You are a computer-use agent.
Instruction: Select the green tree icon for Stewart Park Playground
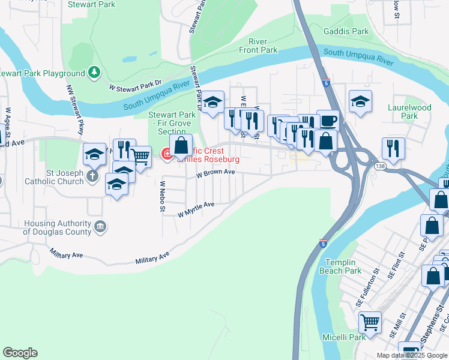(x=94, y=73)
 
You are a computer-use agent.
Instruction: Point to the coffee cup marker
(x=328, y=121)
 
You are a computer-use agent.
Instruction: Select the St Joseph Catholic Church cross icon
(x=91, y=176)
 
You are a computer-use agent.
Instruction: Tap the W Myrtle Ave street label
(x=196, y=209)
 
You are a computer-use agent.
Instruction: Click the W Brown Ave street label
(x=215, y=172)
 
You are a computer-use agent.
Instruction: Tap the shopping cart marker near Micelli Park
(x=370, y=322)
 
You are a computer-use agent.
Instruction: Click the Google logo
(x=20, y=353)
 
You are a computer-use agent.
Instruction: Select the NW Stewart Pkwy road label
(x=76, y=110)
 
